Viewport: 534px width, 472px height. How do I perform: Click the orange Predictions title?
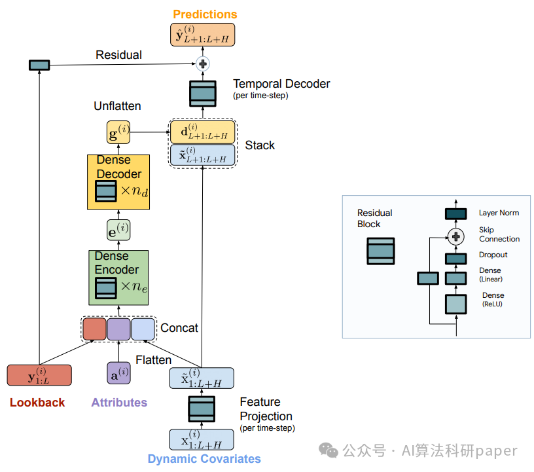(x=205, y=14)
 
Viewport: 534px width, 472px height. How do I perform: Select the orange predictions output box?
(x=202, y=35)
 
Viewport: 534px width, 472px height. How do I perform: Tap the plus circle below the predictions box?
(x=203, y=64)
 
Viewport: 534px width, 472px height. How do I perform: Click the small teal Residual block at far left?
(x=39, y=65)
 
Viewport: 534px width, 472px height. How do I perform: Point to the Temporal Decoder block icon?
(x=203, y=94)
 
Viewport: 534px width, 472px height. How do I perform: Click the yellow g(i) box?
(x=118, y=132)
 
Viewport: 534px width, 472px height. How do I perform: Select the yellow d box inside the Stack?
(x=203, y=132)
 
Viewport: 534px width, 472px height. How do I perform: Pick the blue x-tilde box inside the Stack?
(x=203, y=155)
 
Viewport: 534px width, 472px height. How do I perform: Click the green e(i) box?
(x=118, y=230)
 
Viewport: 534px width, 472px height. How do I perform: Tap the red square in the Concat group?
(x=94, y=329)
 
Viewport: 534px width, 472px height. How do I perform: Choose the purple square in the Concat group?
(x=118, y=329)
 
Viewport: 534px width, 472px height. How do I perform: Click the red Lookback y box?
(x=39, y=375)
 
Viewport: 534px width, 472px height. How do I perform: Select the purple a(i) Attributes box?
(x=118, y=373)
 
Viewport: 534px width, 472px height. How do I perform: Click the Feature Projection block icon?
(x=202, y=409)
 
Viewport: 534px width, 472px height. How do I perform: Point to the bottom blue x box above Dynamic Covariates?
(x=202, y=440)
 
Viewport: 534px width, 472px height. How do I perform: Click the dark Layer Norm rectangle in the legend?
(x=455, y=213)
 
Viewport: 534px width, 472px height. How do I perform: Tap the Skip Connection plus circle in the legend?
(x=455, y=236)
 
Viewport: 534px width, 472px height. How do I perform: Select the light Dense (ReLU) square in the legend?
(x=455, y=304)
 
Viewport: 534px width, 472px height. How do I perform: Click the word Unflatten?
(x=117, y=106)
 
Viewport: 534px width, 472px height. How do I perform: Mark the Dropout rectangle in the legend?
(x=455, y=259)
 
